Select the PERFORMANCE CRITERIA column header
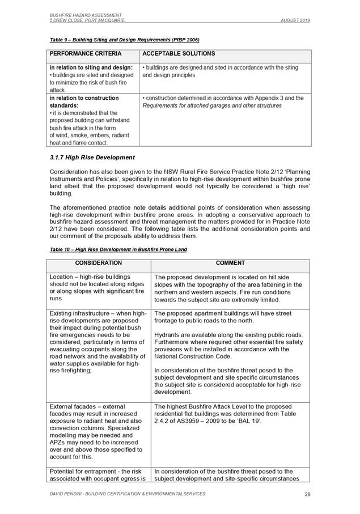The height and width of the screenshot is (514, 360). [86, 54]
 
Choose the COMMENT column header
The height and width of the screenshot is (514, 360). [231, 263]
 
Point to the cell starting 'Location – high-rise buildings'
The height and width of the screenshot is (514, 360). [98, 288]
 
